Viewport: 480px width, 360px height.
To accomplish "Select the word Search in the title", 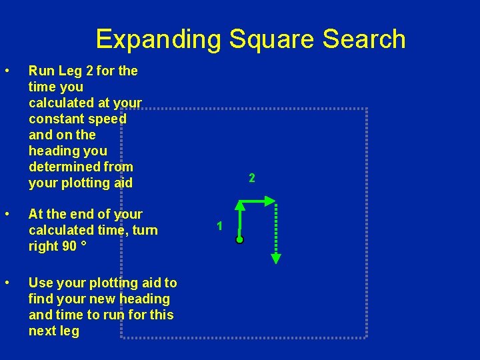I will point(363,39).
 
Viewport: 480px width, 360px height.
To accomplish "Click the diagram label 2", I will point(251,178).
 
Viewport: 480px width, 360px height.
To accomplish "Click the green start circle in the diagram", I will point(239,239).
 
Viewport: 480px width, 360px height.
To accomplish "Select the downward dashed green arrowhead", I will point(277,259).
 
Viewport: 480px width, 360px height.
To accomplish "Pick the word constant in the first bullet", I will point(56,119).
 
